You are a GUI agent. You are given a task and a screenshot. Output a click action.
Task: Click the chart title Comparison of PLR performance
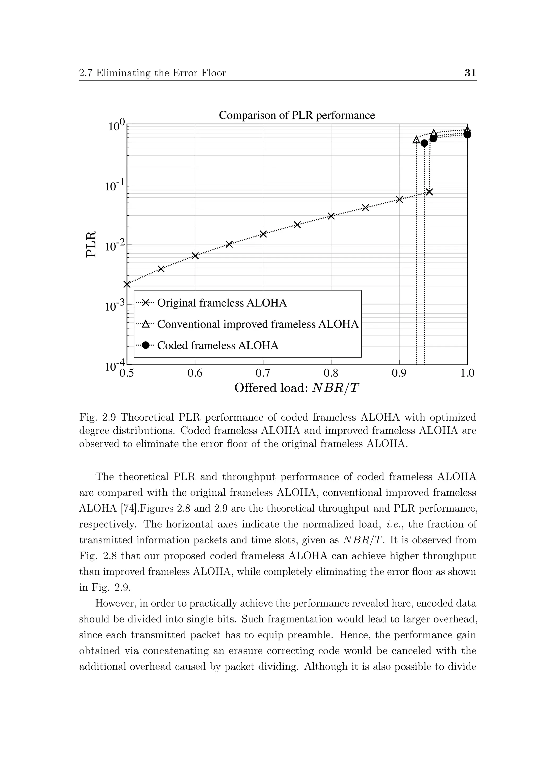point(297,115)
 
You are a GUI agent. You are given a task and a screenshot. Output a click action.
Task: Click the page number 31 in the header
point(470,73)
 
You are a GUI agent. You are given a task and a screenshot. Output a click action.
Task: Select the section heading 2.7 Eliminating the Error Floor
point(152,73)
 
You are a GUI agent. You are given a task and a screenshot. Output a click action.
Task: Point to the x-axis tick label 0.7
point(263,373)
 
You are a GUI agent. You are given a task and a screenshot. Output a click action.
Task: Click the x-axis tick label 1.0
point(467,373)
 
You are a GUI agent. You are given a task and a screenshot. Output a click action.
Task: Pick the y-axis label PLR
point(91,244)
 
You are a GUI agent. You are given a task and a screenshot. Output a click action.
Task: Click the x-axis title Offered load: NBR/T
point(297,388)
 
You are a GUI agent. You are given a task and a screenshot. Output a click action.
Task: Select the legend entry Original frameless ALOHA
point(222,303)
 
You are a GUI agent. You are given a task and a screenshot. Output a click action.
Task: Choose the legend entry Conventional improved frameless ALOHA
point(257,324)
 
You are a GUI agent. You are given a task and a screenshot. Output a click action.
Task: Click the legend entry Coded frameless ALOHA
point(218,345)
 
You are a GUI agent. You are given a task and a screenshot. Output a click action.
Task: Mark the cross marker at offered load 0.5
point(127,284)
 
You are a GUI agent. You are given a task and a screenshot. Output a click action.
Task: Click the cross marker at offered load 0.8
point(331,216)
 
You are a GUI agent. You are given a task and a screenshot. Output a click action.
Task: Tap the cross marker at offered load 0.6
point(195,256)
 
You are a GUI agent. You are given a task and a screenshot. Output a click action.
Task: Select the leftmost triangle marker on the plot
point(416,140)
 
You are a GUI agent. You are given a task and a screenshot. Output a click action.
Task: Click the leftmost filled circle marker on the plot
point(424,143)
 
